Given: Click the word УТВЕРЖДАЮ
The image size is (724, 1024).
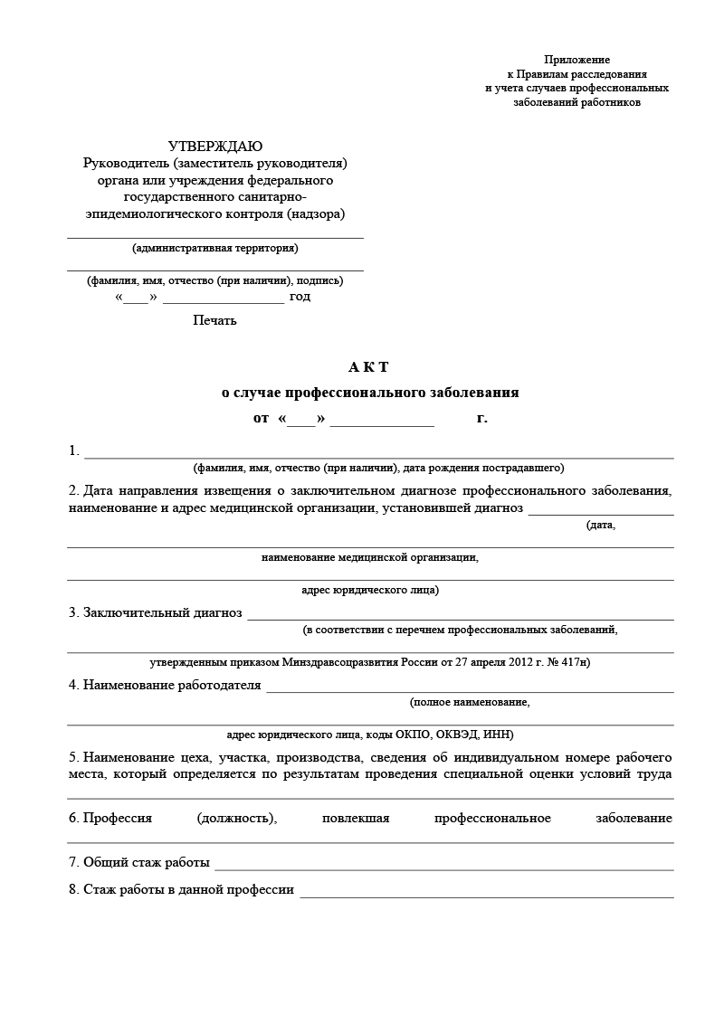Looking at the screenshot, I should (215, 147).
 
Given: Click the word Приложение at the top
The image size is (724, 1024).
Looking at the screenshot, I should (577, 59).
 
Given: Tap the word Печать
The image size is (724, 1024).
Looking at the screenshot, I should (214, 319).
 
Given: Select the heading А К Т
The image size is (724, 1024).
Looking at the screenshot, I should (368, 366).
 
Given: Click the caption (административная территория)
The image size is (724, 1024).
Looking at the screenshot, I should (214, 248).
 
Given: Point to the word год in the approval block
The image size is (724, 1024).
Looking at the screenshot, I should (300, 297).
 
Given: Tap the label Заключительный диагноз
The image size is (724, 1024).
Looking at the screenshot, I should (162, 612).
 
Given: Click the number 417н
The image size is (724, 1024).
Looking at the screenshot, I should (573, 662).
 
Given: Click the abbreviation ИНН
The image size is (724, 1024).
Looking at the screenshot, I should (498, 735).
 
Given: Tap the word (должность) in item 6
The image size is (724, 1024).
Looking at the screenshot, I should (236, 819).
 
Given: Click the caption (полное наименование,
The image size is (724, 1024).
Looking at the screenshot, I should (469, 701).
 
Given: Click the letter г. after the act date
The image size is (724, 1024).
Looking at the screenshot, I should (482, 419).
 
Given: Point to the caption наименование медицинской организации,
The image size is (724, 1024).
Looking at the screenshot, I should (369, 557).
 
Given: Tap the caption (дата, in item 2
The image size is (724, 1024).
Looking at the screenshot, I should (601, 525).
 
